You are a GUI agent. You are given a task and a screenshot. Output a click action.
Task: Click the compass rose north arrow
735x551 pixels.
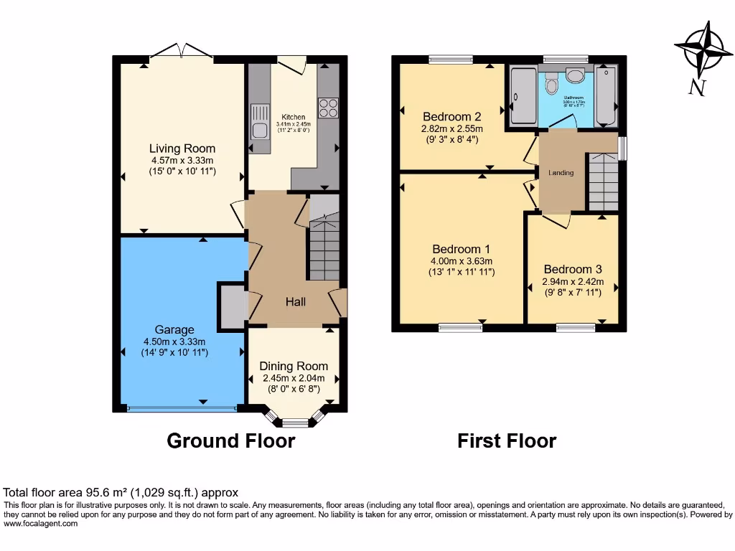click(x=702, y=50)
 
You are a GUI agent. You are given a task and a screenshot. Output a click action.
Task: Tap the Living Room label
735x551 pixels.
click(x=182, y=149)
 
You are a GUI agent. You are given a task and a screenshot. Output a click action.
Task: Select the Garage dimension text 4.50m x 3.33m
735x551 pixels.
click(x=174, y=342)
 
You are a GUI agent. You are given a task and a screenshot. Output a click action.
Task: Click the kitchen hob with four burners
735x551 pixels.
click(x=328, y=108)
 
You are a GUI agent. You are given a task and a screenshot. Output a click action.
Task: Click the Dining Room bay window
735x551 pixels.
click(x=294, y=419)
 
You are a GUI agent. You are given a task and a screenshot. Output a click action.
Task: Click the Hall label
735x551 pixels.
click(x=296, y=302)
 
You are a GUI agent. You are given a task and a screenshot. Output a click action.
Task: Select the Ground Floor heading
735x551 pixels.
click(x=230, y=441)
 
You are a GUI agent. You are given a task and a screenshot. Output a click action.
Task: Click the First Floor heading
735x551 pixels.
click(x=507, y=441)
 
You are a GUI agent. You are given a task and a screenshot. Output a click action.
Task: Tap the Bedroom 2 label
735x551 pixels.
click(x=451, y=117)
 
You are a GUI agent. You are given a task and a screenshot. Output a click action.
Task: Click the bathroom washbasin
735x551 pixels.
click(x=576, y=75)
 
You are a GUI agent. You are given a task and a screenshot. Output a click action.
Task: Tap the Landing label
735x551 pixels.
click(x=561, y=173)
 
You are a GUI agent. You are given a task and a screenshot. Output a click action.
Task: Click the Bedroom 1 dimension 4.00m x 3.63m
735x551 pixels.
click(x=462, y=261)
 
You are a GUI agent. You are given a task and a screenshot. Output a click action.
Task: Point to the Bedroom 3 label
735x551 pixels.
click(x=572, y=270)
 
